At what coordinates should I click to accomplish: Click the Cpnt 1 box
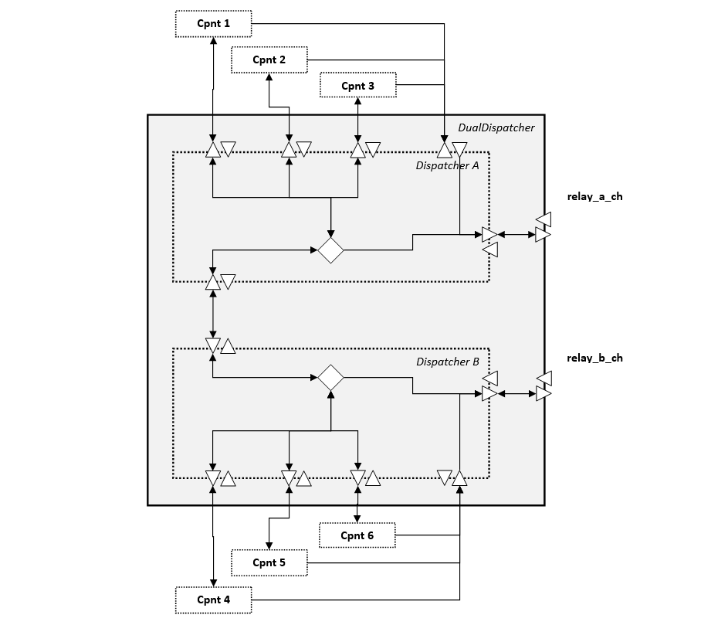click(213, 24)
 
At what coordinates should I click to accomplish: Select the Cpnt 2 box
click(269, 59)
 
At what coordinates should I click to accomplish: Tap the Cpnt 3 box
click(357, 85)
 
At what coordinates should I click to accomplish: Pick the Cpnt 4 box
click(213, 600)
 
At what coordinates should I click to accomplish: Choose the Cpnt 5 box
click(269, 562)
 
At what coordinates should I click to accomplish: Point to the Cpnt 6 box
click(357, 535)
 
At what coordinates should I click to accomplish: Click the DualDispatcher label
click(496, 127)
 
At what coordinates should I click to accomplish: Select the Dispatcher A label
click(447, 165)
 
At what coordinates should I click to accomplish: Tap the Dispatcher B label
click(448, 362)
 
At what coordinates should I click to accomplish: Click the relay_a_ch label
click(594, 196)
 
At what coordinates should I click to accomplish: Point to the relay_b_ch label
click(594, 358)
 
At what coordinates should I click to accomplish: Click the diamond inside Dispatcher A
click(330, 250)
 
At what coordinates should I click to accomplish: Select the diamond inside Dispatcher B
click(330, 378)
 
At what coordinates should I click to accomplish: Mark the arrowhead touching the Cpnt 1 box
click(213, 40)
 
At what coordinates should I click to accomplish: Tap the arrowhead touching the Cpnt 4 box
click(213, 583)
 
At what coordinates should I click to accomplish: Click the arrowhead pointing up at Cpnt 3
click(357, 102)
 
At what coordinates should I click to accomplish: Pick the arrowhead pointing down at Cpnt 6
click(357, 518)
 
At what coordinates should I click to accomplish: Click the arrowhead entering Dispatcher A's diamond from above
click(330, 233)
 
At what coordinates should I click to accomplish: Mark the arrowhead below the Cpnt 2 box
click(269, 76)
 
